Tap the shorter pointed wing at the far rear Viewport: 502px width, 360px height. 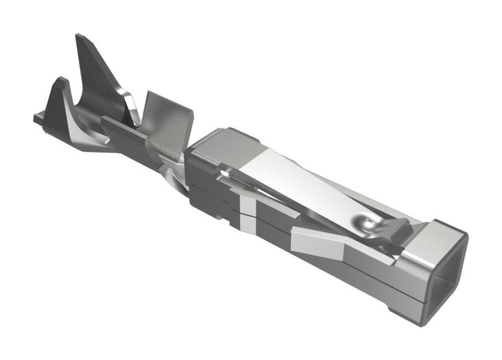click(59, 86)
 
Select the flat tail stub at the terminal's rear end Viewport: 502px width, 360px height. click(38, 119)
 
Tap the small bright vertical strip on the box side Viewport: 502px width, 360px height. click(246, 212)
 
